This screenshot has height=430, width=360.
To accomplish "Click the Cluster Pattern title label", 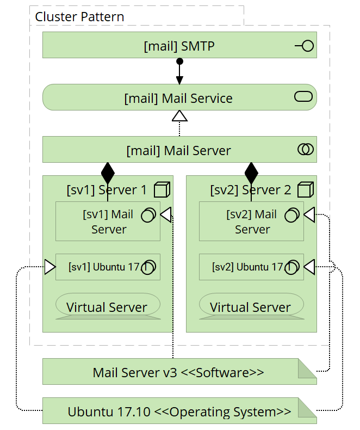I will tap(79, 17).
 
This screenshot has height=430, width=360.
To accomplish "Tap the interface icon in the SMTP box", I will tap(305, 46).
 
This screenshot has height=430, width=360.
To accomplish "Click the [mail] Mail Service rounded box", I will tap(179, 98).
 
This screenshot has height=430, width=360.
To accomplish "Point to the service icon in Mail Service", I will tap(303, 97).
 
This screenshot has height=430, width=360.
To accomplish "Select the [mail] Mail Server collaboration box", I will tap(179, 150).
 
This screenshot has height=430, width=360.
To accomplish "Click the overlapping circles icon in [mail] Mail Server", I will tap(306, 150).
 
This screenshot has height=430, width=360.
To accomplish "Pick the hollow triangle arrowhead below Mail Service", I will tap(179, 115).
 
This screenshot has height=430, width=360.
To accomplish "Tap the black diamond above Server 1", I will tap(108, 174).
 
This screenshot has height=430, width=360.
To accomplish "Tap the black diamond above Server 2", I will tap(251, 174).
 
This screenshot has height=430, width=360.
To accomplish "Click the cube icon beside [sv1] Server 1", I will tap(162, 189).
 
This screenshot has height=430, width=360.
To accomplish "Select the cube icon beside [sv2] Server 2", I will tap(306, 189).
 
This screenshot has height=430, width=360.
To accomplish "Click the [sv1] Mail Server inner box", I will tap(108, 222).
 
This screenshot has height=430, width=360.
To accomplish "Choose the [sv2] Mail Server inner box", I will tap(251, 222).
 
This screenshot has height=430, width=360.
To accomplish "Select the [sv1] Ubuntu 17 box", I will tap(108, 267).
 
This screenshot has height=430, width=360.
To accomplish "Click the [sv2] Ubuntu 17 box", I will tap(251, 267).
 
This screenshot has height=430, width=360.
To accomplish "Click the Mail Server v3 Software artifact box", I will tap(179, 372).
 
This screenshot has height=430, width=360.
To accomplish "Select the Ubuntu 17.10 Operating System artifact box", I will tap(179, 411).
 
